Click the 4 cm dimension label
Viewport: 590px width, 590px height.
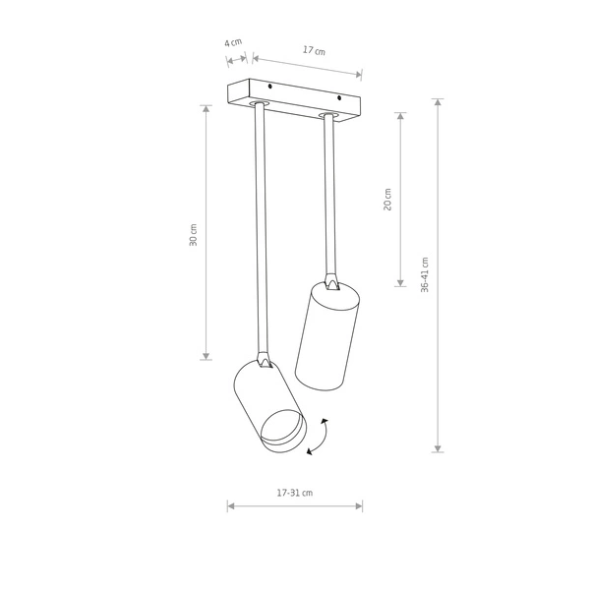[x=233, y=42]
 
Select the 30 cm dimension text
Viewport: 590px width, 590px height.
[x=194, y=234]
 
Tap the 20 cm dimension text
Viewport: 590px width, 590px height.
[x=387, y=199]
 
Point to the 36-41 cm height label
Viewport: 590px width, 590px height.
[x=425, y=275]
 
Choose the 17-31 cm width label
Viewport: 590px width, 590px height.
[x=294, y=493]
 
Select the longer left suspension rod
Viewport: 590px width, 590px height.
[x=261, y=226]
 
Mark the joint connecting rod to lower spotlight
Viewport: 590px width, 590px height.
[x=264, y=360]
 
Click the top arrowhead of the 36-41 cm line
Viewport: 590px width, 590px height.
[x=438, y=103]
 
